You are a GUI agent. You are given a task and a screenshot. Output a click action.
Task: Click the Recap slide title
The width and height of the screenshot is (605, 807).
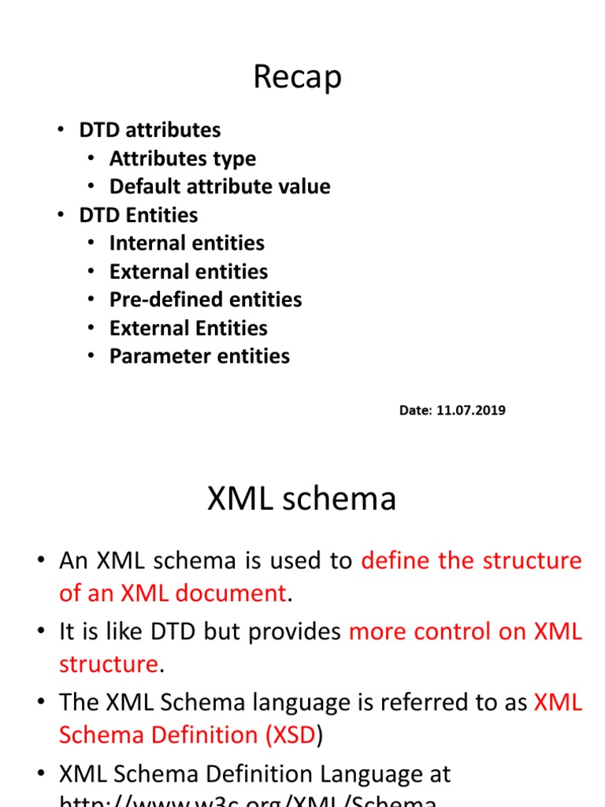(297, 77)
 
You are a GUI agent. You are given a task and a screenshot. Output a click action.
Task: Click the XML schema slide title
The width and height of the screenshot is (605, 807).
(302, 499)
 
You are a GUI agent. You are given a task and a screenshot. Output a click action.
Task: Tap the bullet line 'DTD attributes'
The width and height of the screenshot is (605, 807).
(150, 130)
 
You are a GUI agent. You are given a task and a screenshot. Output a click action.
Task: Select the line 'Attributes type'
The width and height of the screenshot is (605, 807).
(182, 158)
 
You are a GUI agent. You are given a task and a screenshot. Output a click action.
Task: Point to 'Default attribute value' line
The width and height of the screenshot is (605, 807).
(220, 187)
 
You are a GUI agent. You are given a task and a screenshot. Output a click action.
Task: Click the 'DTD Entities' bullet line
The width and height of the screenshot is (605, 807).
(138, 215)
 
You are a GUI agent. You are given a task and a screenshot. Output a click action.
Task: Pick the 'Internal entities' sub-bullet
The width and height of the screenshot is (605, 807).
(187, 244)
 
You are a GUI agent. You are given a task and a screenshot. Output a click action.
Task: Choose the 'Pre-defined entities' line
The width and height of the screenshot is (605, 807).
(206, 299)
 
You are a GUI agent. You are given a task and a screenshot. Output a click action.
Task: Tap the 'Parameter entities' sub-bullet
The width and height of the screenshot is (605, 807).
(199, 356)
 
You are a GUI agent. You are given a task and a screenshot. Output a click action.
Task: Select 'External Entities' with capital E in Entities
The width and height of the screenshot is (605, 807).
(188, 328)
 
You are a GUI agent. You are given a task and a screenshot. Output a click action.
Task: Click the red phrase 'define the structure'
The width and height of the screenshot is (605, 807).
(471, 561)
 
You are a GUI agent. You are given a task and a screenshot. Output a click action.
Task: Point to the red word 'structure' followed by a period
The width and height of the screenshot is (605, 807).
(109, 664)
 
